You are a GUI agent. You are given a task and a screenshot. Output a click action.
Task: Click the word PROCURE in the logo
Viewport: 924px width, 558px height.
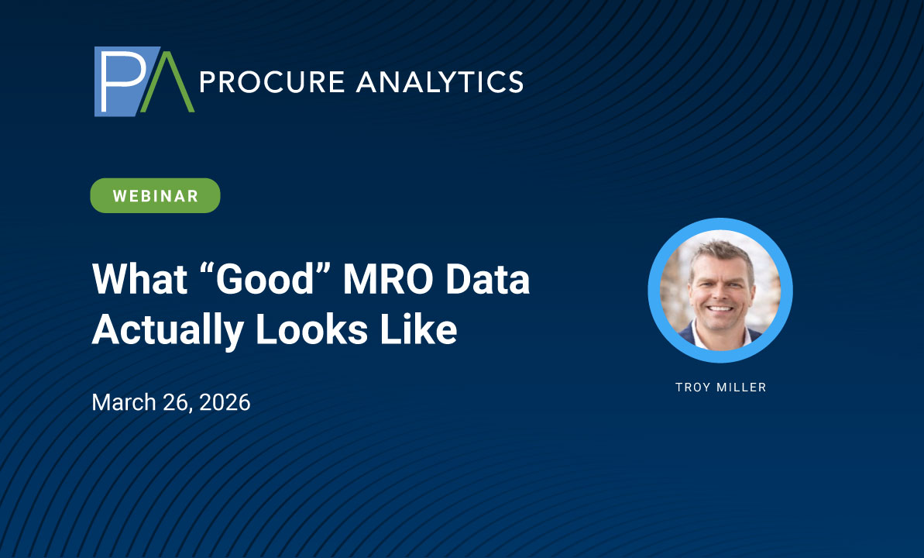(x=273, y=82)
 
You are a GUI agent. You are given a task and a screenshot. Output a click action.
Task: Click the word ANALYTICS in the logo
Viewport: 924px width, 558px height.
(x=440, y=82)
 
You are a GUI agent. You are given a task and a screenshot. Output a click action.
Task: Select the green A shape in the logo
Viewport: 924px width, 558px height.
(x=167, y=83)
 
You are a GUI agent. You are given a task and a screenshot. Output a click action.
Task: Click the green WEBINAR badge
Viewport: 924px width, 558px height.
(x=155, y=196)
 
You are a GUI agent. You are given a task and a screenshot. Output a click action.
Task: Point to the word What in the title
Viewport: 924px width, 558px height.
(x=139, y=279)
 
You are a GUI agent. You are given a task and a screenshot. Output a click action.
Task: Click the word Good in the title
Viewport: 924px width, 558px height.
(x=266, y=279)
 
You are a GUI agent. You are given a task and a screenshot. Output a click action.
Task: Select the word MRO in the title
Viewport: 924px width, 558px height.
(x=388, y=279)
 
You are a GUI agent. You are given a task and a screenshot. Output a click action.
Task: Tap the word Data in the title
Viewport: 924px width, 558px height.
(x=488, y=279)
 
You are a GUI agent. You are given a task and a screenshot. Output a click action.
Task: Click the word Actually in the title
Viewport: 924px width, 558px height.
(x=168, y=330)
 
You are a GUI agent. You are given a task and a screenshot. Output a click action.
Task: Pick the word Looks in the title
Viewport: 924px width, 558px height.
(x=312, y=329)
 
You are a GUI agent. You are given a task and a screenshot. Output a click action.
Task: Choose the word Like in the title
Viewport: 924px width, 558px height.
(x=418, y=329)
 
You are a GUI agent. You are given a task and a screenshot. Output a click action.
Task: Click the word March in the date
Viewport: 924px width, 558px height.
(x=124, y=402)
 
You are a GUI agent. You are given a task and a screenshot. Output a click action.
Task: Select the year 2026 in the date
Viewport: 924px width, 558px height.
(x=225, y=402)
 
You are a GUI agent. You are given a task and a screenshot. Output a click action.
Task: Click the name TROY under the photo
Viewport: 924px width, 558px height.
(x=693, y=387)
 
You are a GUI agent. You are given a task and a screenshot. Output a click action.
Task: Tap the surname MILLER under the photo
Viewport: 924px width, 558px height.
(x=741, y=387)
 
